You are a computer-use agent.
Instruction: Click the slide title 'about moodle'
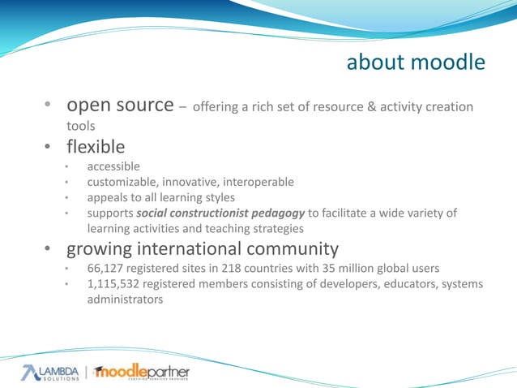tap(416, 63)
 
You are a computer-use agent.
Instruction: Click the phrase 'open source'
tap(120, 106)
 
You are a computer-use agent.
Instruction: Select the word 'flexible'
tap(96, 147)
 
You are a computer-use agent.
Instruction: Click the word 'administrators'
tap(125, 299)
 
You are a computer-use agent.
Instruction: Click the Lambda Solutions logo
tap(51, 372)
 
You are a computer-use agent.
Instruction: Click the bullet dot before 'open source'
tap(49, 106)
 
